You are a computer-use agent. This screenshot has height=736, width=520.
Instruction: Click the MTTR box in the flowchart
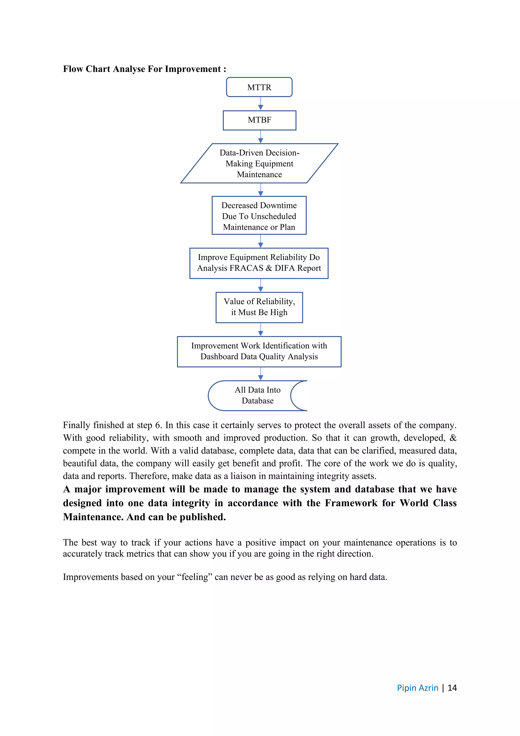pos(259,87)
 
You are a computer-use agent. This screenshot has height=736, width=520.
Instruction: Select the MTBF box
pos(259,120)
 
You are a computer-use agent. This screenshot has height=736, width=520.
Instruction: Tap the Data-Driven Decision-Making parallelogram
pos(259,163)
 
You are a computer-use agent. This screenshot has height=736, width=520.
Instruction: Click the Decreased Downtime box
pos(259,216)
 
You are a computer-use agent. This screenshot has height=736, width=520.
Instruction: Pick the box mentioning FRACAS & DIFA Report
pos(259,263)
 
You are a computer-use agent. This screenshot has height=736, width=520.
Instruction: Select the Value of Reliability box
pos(259,307)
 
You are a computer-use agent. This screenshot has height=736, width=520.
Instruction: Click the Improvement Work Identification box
pos(259,351)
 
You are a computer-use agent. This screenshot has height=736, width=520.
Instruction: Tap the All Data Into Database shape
pos(257,395)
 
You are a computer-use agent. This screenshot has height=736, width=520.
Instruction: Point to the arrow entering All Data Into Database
pos(261,374)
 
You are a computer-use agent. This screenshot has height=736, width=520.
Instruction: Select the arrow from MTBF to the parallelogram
pos(261,137)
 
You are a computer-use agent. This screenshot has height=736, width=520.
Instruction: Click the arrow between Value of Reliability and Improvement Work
pos(261,330)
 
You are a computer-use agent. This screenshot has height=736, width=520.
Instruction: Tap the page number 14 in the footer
pos(452,688)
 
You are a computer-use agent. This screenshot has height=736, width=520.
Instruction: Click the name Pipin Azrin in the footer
pos(417,688)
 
